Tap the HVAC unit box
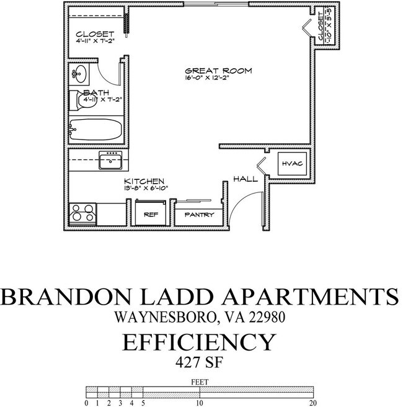(290, 164)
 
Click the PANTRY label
(200, 215)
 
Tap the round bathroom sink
(79, 75)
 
